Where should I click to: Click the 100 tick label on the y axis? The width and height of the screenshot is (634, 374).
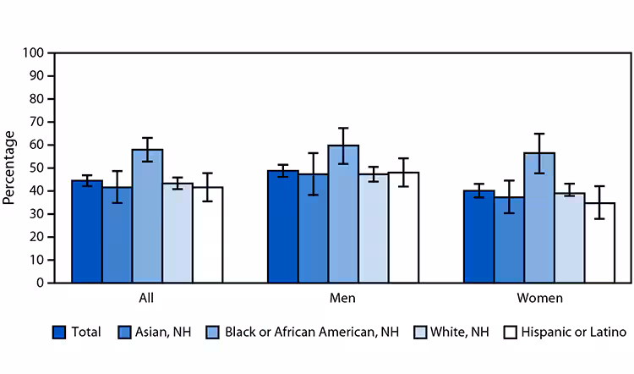pos(34,52)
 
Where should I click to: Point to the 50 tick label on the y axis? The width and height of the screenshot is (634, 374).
pos(37,168)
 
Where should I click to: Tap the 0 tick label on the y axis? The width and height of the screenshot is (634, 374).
pos(41,283)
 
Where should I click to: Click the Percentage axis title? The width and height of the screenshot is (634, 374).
pos(9,168)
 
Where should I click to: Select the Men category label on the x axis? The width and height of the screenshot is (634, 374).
pos(342,299)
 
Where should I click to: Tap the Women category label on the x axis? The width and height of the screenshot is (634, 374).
pos(538,299)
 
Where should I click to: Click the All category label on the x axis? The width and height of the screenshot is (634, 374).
pos(147,299)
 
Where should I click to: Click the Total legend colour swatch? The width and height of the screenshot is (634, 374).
pos(59,332)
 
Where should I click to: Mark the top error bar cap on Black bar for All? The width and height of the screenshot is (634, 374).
pos(147,138)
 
